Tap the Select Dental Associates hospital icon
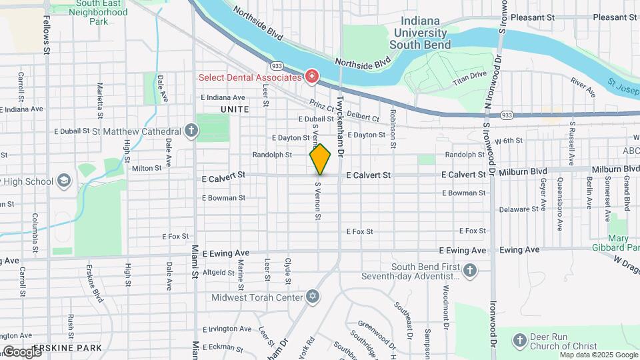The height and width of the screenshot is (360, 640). click(311, 77)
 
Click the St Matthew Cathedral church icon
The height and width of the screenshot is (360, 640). click(192, 131)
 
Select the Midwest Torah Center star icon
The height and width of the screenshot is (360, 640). click(312, 297)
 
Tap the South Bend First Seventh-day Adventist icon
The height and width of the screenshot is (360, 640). click(470, 271)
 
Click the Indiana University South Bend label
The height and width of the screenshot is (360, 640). click(420, 33)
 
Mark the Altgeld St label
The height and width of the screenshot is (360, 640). click(219, 272)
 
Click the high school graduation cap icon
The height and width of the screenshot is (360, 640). click(63, 181)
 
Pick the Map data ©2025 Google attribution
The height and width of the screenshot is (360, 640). click(599, 355)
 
